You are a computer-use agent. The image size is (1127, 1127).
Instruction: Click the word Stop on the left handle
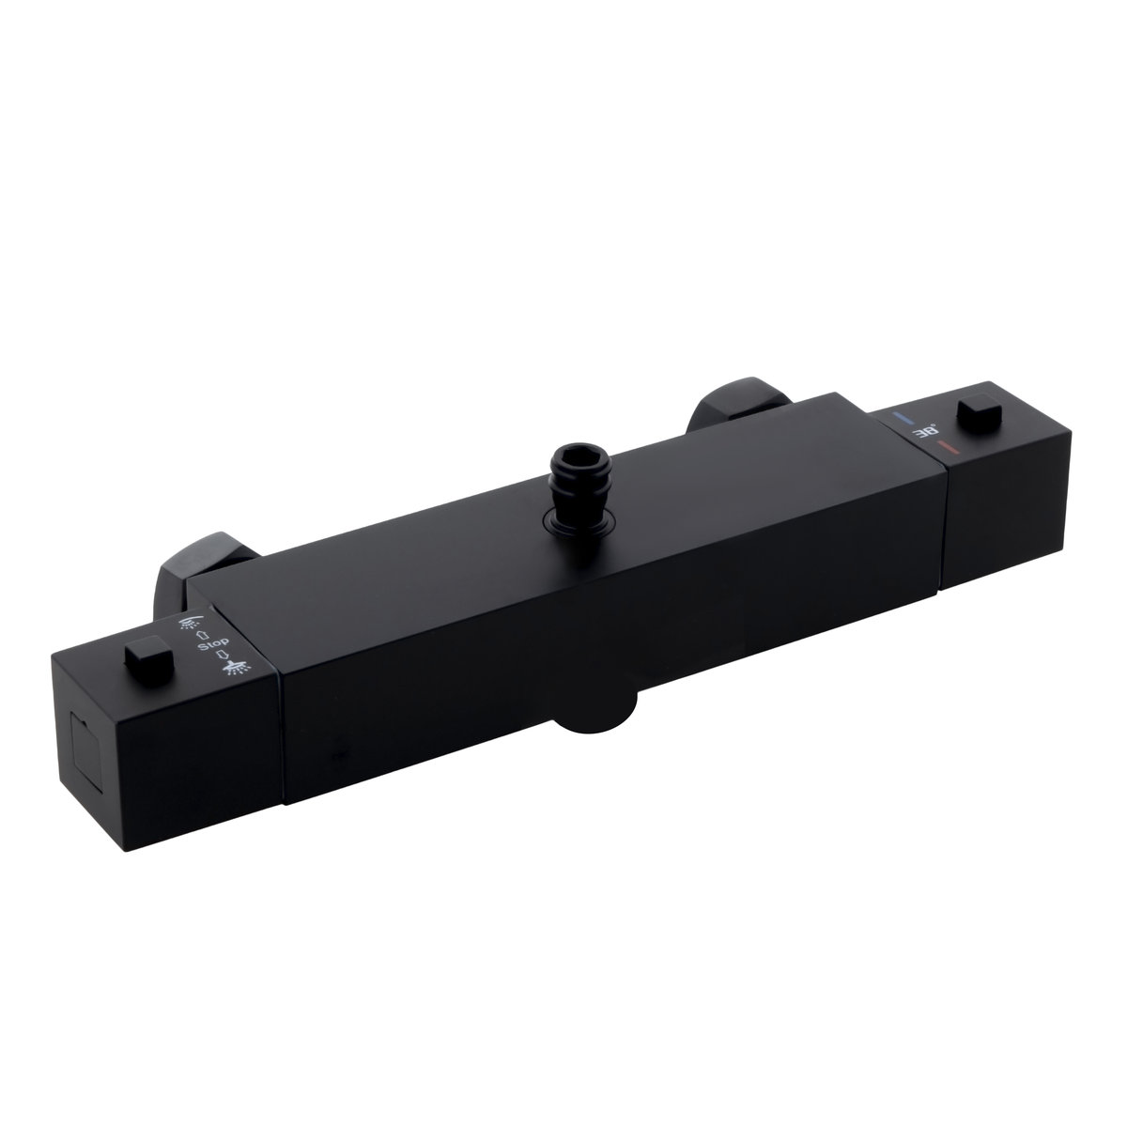click(x=213, y=644)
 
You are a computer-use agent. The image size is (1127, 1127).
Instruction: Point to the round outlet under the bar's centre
click(x=594, y=711)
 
